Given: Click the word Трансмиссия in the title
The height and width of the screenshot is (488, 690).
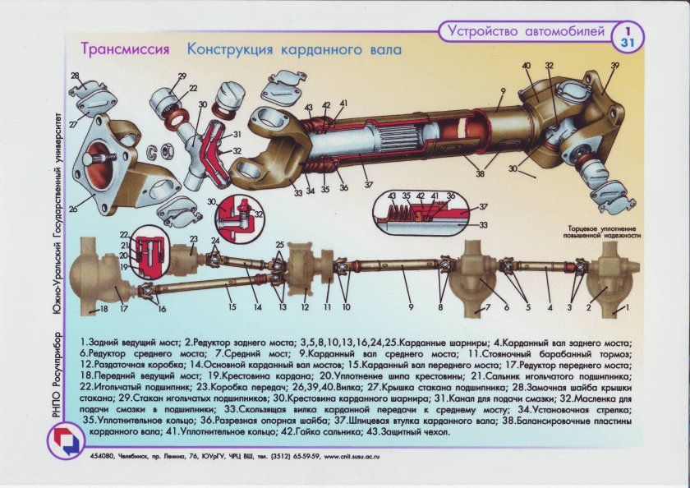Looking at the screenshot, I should click(125, 49).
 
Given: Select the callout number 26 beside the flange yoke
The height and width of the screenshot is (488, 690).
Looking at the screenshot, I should click(73, 209).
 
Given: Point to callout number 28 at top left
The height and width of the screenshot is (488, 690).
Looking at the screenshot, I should click(76, 76).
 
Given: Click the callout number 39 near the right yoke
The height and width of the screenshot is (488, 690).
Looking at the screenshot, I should click(614, 65).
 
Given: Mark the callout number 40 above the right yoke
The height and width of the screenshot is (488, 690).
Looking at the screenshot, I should click(526, 65).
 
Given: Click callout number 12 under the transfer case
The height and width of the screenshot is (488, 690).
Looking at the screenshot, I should click(304, 307).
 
